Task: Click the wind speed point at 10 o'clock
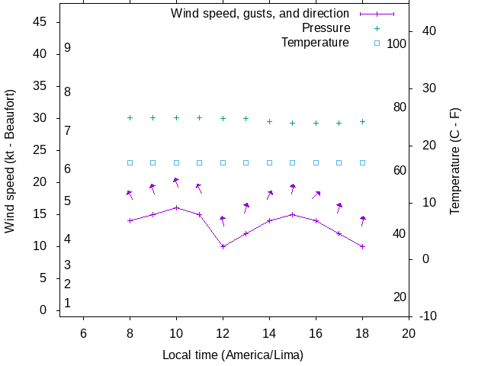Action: click(x=176, y=207)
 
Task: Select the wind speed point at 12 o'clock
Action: click(x=223, y=246)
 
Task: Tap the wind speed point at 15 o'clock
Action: click(x=293, y=214)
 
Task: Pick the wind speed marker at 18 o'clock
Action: click(x=363, y=246)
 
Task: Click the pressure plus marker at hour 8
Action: click(x=130, y=117)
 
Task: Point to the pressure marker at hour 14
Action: click(x=269, y=121)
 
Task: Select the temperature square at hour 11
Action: click(x=200, y=162)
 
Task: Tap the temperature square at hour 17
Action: click(x=339, y=162)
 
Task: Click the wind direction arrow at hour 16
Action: click(x=316, y=195)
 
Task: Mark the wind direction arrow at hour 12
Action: click(x=223, y=220)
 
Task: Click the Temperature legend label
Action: click(x=315, y=42)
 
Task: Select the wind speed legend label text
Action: click(x=260, y=14)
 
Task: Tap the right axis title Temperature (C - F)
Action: click(x=455, y=160)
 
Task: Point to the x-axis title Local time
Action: click(x=233, y=355)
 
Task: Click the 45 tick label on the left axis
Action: click(x=41, y=22)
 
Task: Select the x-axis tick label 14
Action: click(x=269, y=332)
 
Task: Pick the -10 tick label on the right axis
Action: click(x=428, y=316)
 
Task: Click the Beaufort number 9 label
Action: click(x=68, y=47)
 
